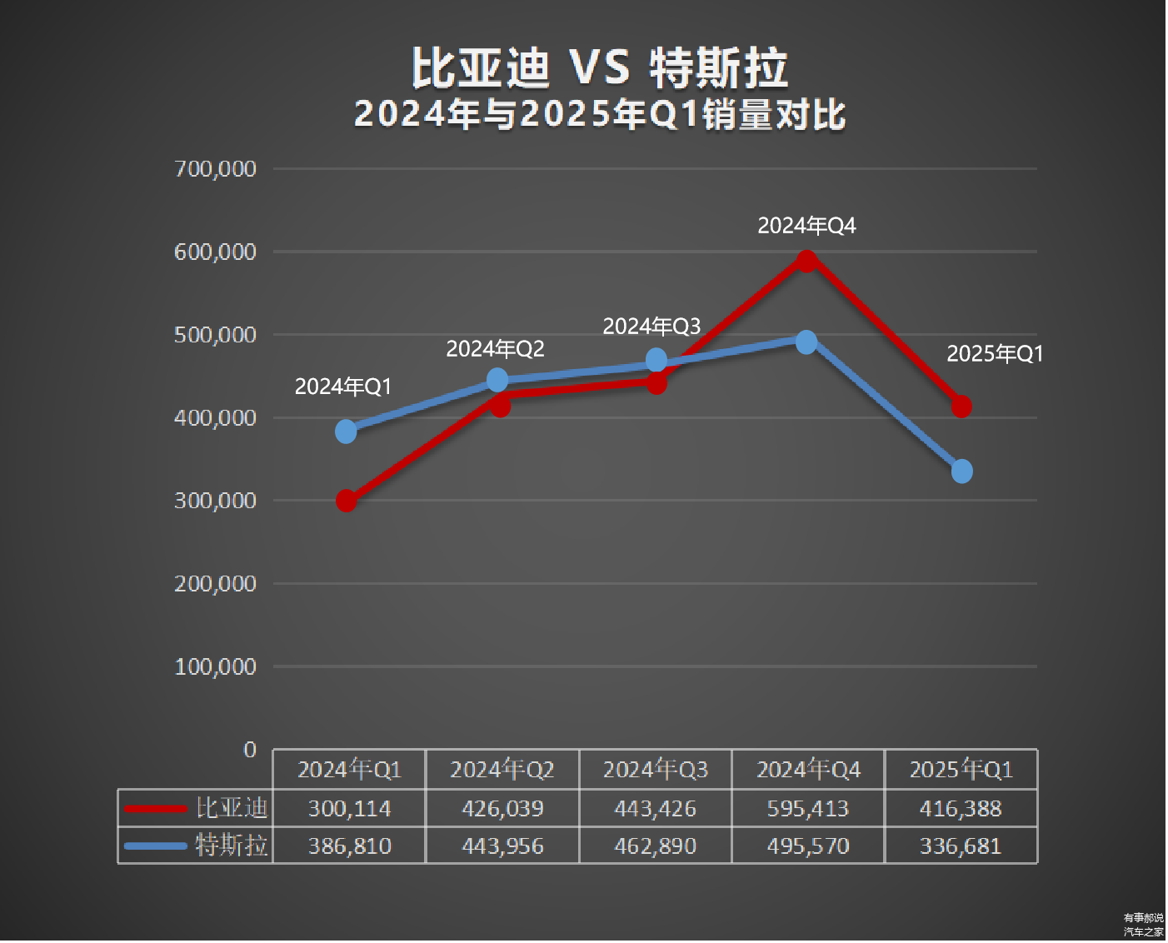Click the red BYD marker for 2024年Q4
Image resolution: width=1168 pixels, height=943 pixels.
pos(806,261)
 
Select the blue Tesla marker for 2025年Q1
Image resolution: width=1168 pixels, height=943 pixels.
pos(961,471)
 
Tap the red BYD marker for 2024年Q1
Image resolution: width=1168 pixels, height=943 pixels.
pos(346,501)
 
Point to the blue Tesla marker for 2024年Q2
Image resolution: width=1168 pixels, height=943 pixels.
pos(497,380)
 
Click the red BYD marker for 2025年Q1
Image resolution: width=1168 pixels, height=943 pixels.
pos(961,407)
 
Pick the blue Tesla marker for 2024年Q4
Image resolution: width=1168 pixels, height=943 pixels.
pos(806,342)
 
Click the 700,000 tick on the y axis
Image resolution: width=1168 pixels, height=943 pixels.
pos(215,169)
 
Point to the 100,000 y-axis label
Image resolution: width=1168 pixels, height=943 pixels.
pos(215,666)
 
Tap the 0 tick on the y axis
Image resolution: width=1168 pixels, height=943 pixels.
pos(249,750)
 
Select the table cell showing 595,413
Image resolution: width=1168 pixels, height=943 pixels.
pos(807,808)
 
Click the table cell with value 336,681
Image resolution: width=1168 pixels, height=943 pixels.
pos(961,846)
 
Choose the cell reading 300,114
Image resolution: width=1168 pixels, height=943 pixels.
pos(349,808)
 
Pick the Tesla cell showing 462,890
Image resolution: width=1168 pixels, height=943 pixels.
pos(655,846)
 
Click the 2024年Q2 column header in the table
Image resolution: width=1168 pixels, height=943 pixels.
pos(502,769)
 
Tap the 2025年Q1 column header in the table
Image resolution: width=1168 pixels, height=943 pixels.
pos(961,769)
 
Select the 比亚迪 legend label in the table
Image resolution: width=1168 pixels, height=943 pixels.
pos(232,807)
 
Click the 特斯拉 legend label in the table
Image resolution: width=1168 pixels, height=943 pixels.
pos(232,846)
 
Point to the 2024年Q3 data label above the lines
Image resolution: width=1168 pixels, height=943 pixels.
pos(651,327)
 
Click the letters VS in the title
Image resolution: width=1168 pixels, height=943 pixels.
pos(600,68)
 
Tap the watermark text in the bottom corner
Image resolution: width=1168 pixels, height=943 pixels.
pos(1143,925)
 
